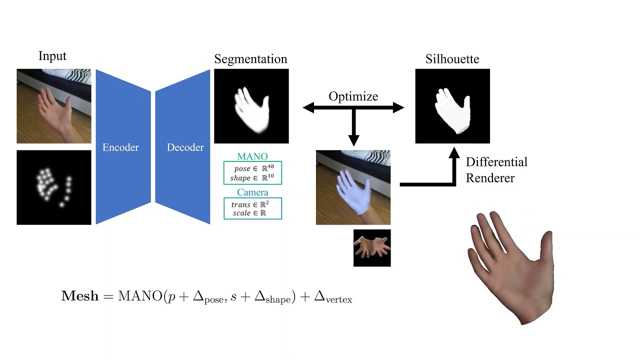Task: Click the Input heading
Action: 52,56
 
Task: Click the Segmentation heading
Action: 250,59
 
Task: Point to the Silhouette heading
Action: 452,59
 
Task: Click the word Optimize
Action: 353,96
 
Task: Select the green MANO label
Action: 252,156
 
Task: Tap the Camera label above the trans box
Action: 252,192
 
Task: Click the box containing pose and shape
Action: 252,172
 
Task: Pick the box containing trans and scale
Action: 252,208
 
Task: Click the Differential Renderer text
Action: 496,170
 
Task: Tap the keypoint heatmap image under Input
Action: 54,187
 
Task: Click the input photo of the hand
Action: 54,106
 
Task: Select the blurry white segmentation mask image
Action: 251,106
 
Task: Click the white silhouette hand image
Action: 452,106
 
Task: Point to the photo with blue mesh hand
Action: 353,187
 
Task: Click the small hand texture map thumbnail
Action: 372,248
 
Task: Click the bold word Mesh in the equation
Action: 80,296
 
